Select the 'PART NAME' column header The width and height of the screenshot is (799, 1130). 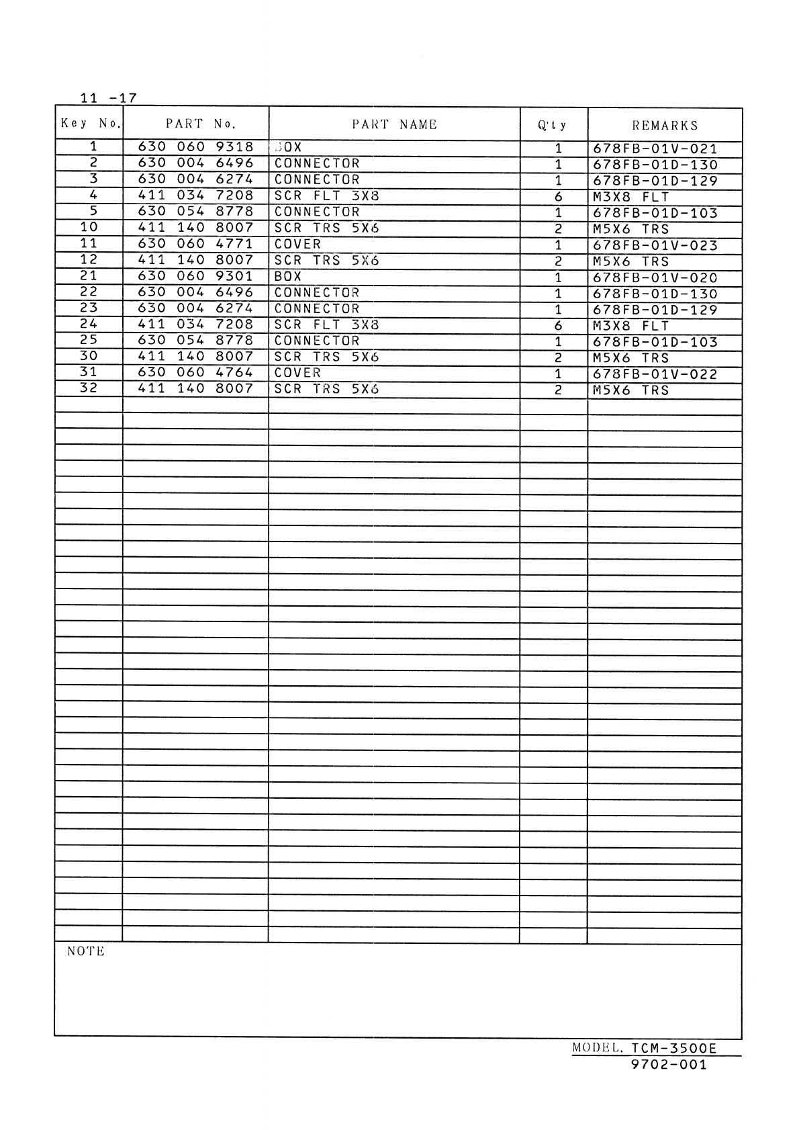pyautogui.click(x=394, y=124)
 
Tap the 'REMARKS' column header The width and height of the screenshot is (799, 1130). pyautogui.click(x=665, y=126)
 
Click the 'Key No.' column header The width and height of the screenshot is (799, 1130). pyautogui.click(x=90, y=123)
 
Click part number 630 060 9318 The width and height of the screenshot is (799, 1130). pyautogui.click(x=195, y=147)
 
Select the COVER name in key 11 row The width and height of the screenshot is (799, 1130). pyautogui.click(x=297, y=245)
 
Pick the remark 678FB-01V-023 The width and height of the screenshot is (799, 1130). pyautogui.click(x=655, y=246)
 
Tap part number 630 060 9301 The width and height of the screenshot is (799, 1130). pyautogui.click(x=195, y=276)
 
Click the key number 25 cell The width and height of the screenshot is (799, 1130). pyautogui.click(x=89, y=340)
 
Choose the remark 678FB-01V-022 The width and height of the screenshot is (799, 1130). pyautogui.click(x=655, y=375)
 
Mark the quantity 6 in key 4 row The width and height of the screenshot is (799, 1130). pyautogui.click(x=557, y=198)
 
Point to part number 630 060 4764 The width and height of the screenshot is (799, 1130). pyautogui.click(x=195, y=373)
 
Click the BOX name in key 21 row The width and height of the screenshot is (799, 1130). pyautogui.click(x=288, y=276)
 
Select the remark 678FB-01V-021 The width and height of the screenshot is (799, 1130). pyautogui.click(x=655, y=149)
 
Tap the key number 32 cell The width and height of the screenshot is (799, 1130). pyautogui.click(x=89, y=388)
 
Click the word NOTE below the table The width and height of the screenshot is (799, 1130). pyautogui.click(x=86, y=951)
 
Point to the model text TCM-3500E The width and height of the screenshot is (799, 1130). pyautogui.click(x=673, y=1049)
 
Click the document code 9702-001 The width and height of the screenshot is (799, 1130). pyautogui.click(x=669, y=1065)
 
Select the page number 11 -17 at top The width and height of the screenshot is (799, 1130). pyautogui.click(x=107, y=98)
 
